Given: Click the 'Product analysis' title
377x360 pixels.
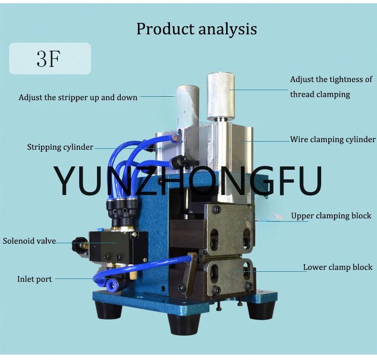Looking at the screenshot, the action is [197, 29].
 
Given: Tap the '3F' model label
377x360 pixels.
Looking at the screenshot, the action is [48, 58].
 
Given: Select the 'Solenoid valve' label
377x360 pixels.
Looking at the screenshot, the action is [29, 241].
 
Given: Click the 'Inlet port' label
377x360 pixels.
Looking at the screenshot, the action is [35, 279].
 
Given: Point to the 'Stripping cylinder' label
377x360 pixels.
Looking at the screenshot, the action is [60, 147].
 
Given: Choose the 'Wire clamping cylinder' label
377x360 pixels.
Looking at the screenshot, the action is [333, 139].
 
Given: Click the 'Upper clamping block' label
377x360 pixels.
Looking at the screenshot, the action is [331, 216].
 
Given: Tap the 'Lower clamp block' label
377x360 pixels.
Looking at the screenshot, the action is [337, 267].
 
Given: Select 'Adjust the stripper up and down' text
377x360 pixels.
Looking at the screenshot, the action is [78, 97].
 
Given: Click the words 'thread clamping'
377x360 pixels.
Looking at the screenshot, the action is [320, 94].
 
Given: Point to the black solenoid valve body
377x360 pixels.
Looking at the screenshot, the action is [118, 246].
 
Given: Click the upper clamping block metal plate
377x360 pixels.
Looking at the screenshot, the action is [230, 229].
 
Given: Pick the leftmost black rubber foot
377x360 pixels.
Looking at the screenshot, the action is [107, 309].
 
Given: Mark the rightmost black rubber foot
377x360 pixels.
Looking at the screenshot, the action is [262, 310].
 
